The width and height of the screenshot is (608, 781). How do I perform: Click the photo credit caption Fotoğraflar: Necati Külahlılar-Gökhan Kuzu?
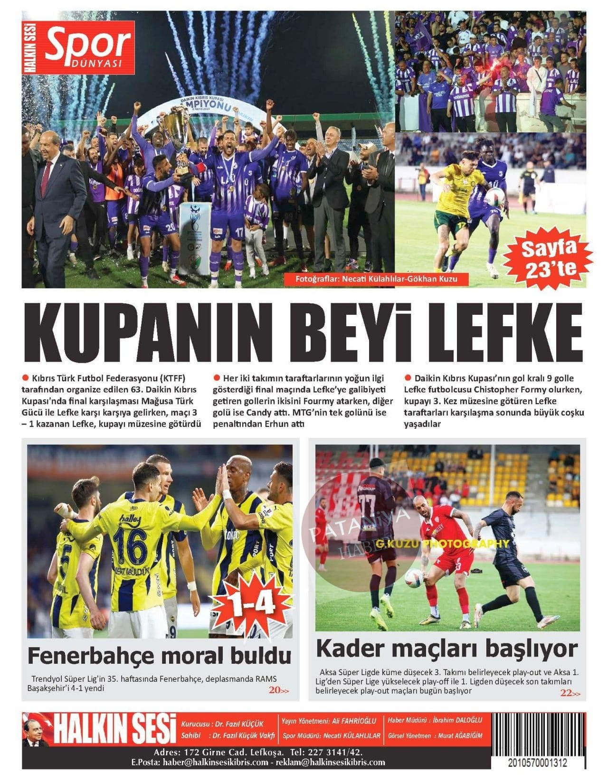click(376, 279)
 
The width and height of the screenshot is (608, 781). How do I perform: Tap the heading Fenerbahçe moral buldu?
click(160, 656)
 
